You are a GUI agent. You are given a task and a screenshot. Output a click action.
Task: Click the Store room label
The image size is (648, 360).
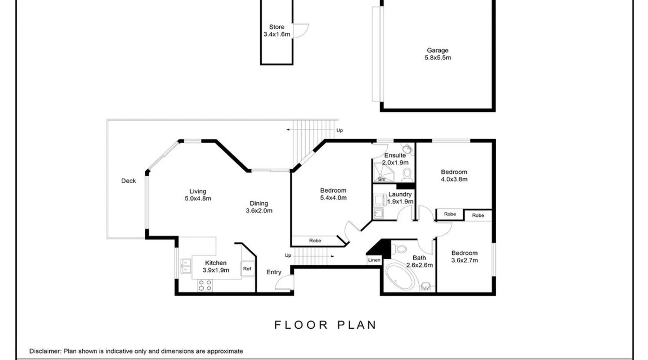(x=276, y=27)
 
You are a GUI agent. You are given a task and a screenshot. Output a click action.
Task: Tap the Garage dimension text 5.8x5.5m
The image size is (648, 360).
(x=438, y=58)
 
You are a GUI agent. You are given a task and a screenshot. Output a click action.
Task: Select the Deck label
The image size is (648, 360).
(x=129, y=181)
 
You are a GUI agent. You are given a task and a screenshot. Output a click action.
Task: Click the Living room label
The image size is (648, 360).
(x=198, y=192)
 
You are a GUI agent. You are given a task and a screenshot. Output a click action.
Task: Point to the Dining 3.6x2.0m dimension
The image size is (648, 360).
(x=259, y=211)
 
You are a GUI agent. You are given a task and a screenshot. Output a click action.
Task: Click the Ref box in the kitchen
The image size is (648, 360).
(x=247, y=269)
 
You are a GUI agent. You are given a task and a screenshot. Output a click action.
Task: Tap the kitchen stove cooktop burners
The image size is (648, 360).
(x=205, y=285)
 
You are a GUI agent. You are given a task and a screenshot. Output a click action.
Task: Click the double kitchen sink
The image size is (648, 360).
(x=186, y=266)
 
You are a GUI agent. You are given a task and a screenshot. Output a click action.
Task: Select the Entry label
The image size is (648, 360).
(x=274, y=272)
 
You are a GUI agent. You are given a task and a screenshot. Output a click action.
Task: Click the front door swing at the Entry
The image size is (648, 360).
(x=284, y=282)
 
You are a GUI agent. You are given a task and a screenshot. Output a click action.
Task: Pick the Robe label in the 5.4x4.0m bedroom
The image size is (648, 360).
(x=315, y=240)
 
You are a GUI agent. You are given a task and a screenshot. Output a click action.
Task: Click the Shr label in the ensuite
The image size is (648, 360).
(x=382, y=179)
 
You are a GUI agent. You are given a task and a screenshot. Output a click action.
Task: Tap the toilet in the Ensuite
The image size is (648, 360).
(x=407, y=174)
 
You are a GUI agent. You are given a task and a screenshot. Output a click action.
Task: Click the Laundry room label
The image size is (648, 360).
(x=400, y=194)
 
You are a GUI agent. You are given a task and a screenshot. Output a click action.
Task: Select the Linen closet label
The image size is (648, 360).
(x=374, y=260)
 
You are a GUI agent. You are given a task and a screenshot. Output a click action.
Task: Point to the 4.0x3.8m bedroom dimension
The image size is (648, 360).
(x=454, y=179)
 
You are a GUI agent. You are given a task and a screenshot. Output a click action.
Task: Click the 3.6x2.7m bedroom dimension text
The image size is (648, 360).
(x=465, y=260)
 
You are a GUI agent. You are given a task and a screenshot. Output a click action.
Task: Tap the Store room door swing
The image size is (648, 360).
(x=301, y=30)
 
